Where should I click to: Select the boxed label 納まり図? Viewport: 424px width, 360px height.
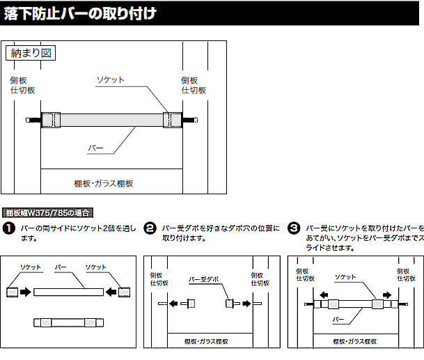pos(30,52)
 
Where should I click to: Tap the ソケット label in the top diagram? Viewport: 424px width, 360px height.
pos(111,80)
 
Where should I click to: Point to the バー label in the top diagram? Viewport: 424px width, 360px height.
pos(95,148)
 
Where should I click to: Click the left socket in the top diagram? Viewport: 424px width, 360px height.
pos(52,119)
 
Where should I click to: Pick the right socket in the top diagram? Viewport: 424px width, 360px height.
pos(171,119)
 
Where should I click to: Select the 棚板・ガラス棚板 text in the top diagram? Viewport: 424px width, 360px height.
pos(104,183)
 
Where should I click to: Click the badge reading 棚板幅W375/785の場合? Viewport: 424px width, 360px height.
pos(48,213)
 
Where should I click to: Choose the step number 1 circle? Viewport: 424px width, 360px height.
pos(9,228)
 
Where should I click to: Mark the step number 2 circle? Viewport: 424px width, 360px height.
pos(150,228)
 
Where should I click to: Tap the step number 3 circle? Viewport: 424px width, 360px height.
pos(294,228)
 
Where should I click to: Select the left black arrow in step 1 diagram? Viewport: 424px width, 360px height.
pos(26,292)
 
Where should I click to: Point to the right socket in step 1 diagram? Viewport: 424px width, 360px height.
pos(125,292)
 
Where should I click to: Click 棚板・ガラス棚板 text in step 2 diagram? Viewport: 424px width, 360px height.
pos(208,341)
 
